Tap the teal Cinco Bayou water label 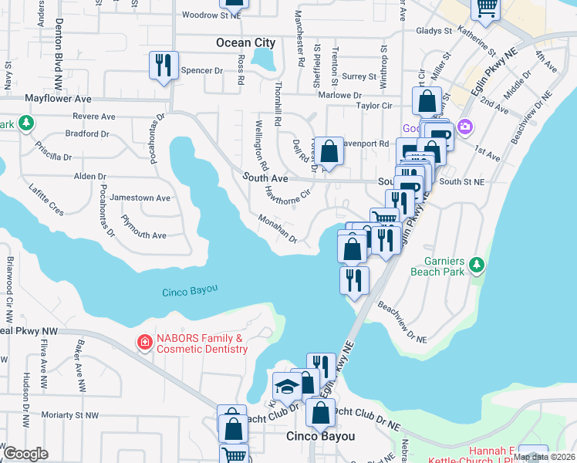tap(190, 291)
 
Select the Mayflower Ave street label tap(58, 100)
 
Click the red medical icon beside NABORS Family tap(143, 342)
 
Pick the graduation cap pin tap(287, 386)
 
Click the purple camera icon tap(465, 127)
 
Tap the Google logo tap(25, 454)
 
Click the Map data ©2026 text tap(543, 457)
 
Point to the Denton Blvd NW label tap(58, 46)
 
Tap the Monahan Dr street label tap(278, 229)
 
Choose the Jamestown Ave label tap(140, 198)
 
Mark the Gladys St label tap(433, 32)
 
